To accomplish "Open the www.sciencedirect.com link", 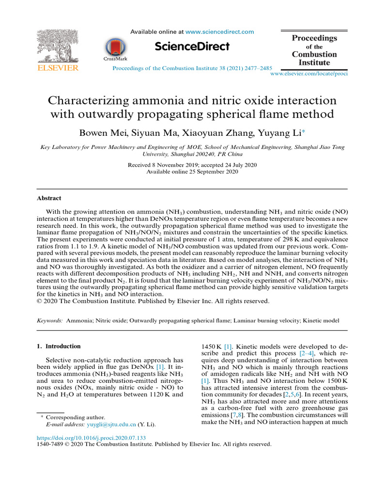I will tap(220, 32).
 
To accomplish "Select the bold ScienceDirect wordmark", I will tap(192, 46).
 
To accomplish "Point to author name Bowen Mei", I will tap(102, 132).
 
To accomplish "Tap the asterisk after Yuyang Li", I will tap(303, 131).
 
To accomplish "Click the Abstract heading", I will tap(49, 198).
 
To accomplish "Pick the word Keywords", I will tap(50, 320).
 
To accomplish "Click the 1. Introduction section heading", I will tap(59, 346).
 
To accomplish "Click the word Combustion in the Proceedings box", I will tap(314, 55).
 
